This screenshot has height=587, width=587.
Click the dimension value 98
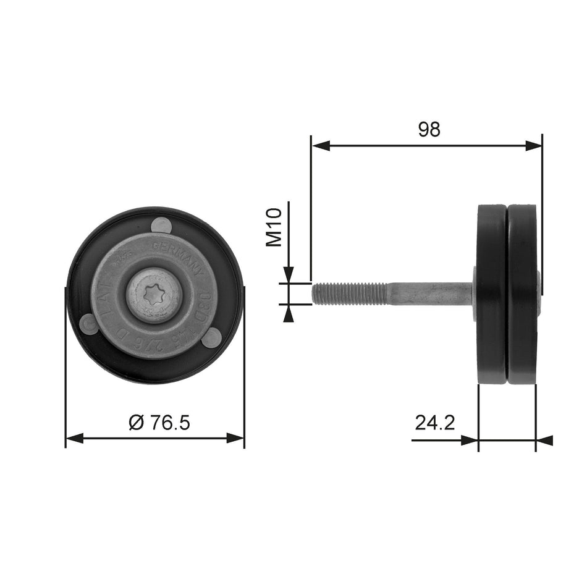429,129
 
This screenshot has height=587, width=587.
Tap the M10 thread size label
274,227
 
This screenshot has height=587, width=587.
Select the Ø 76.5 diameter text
159,423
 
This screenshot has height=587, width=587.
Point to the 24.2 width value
435,423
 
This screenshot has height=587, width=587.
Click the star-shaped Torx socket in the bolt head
154,295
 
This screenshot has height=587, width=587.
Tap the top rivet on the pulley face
162,225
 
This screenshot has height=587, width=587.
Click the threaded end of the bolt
349,293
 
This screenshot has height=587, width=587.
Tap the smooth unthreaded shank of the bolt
429,293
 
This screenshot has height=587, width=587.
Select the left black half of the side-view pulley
492,295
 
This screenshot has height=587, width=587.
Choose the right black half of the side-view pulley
523,295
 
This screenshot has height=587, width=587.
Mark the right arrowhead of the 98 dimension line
533,146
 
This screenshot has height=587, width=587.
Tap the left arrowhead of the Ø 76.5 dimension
74,439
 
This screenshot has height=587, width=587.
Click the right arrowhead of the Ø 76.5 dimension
235,439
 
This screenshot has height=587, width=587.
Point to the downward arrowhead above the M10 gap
288,275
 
